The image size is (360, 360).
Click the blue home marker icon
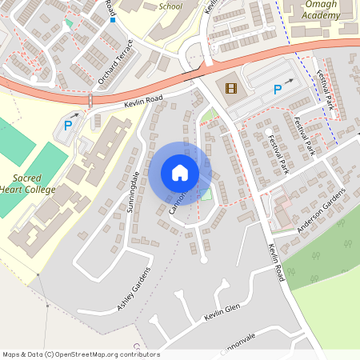[x=180, y=172]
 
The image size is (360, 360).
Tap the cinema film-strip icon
[x=231, y=88]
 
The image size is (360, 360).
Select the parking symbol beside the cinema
[x=277, y=90]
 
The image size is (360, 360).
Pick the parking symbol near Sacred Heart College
[x=68, y=125]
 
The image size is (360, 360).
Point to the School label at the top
[x=170, y=6]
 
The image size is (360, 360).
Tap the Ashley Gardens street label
[x=134, y=289]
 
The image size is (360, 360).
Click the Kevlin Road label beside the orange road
[x=144, y=101]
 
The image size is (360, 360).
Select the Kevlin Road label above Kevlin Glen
[x=277, y=262]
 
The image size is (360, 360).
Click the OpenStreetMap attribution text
[x=80, y=354]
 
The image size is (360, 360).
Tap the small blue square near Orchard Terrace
[x=113, y=20]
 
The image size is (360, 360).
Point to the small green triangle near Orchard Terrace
[x=68, y=23]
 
